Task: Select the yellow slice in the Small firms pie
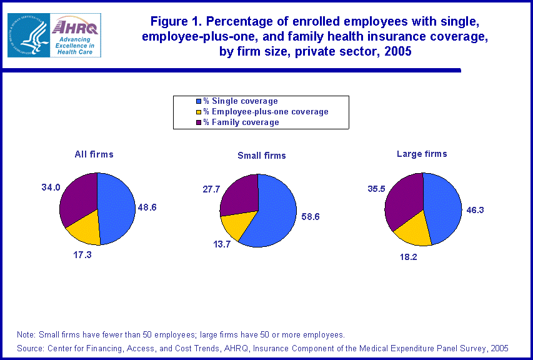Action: coord(236,224)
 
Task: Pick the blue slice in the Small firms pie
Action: coord(274,212)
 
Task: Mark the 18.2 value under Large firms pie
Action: coord(408,256)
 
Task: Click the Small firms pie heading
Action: coord(261,156)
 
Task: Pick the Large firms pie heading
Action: coord(422,154)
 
